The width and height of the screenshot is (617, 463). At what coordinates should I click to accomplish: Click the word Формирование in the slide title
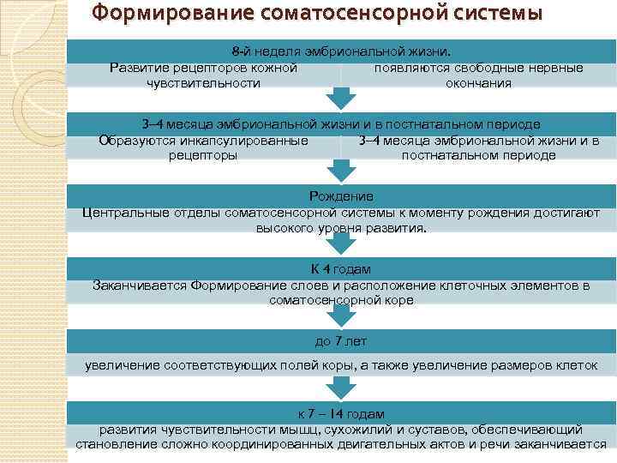tap(158, 15)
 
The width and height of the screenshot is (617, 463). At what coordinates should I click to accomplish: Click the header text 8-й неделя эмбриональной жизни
tap(340, 51)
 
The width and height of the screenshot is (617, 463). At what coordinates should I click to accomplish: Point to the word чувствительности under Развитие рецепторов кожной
tap(203, 83)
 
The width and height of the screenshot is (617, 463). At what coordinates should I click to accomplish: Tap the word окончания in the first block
tap(478, 83)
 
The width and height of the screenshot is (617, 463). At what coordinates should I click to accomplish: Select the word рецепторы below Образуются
tap(203, 155)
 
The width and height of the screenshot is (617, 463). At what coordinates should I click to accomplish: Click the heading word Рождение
tap(341, 197)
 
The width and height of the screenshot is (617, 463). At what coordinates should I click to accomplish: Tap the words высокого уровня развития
tap(340, 229)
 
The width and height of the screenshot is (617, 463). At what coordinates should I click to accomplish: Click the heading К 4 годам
tap(341, 269)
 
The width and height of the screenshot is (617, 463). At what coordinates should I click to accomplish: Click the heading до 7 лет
tap(341, 341)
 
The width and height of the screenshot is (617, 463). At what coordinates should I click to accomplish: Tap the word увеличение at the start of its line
tap(122, 366)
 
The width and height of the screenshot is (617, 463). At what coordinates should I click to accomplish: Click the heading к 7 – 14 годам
tap(341, 412)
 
